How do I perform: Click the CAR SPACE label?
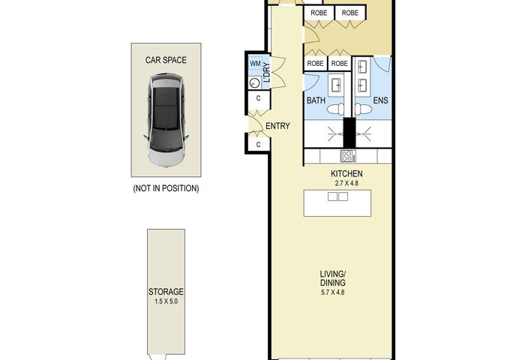click(x=166, y=60)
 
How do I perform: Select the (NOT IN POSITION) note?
click(x=166, y=188)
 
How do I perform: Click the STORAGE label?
click(x=166, y=292)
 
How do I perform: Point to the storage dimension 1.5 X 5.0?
click(x=166, y=301)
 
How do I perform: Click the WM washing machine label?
click(x=255, y=63)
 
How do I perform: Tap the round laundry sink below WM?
click(x=254, y=82)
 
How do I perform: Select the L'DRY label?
click(x=267, y=72)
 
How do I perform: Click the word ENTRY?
click(x=277, y=126)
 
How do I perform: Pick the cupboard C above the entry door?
click(x=258, y=98)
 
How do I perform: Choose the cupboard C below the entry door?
click(x=258, y=144)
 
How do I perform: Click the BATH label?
click(x=316, y=100)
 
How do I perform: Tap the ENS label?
click(x=380, y=100)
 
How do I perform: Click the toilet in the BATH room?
click(x=335, y=109)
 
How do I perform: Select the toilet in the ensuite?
click(x=363, y=109)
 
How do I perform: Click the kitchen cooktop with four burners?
click(x=346, y=156)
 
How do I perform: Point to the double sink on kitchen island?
click(x=337, y=196)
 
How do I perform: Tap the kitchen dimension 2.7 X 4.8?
click(x=346, y=183)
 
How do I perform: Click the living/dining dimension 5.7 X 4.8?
click(x=333, y=292)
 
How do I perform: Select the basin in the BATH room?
click(x=336, y=85)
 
